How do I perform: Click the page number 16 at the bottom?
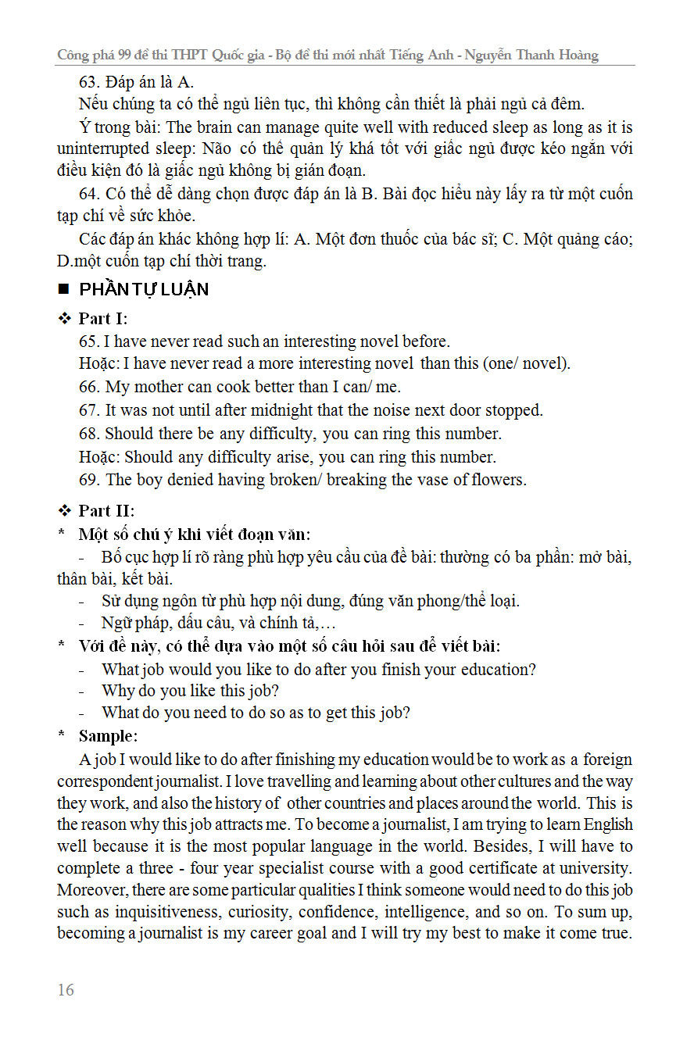tap(66, 989)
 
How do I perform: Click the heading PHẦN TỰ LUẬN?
tap(144, 290)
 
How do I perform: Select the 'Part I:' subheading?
tap(103, 319)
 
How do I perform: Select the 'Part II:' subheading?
tap(106, 510)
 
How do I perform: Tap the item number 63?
tap(89, 81)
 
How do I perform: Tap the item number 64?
tap(89, 194)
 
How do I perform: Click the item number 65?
tap(89, 341)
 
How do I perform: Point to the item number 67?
tap(89, 410)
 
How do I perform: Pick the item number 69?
tap(89, 480)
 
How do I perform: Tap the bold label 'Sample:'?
tap(108, 736)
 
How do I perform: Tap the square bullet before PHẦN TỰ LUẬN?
tap(64, 290)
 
